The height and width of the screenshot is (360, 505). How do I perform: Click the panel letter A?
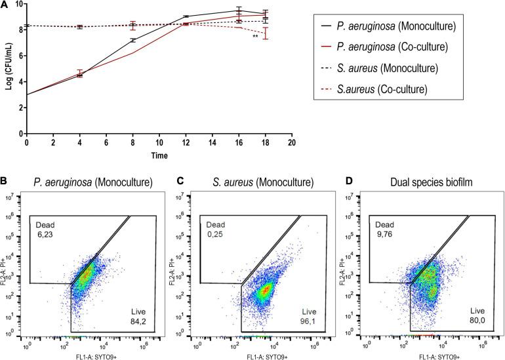point(5,5)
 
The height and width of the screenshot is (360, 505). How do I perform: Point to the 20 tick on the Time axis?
point(291,142)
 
